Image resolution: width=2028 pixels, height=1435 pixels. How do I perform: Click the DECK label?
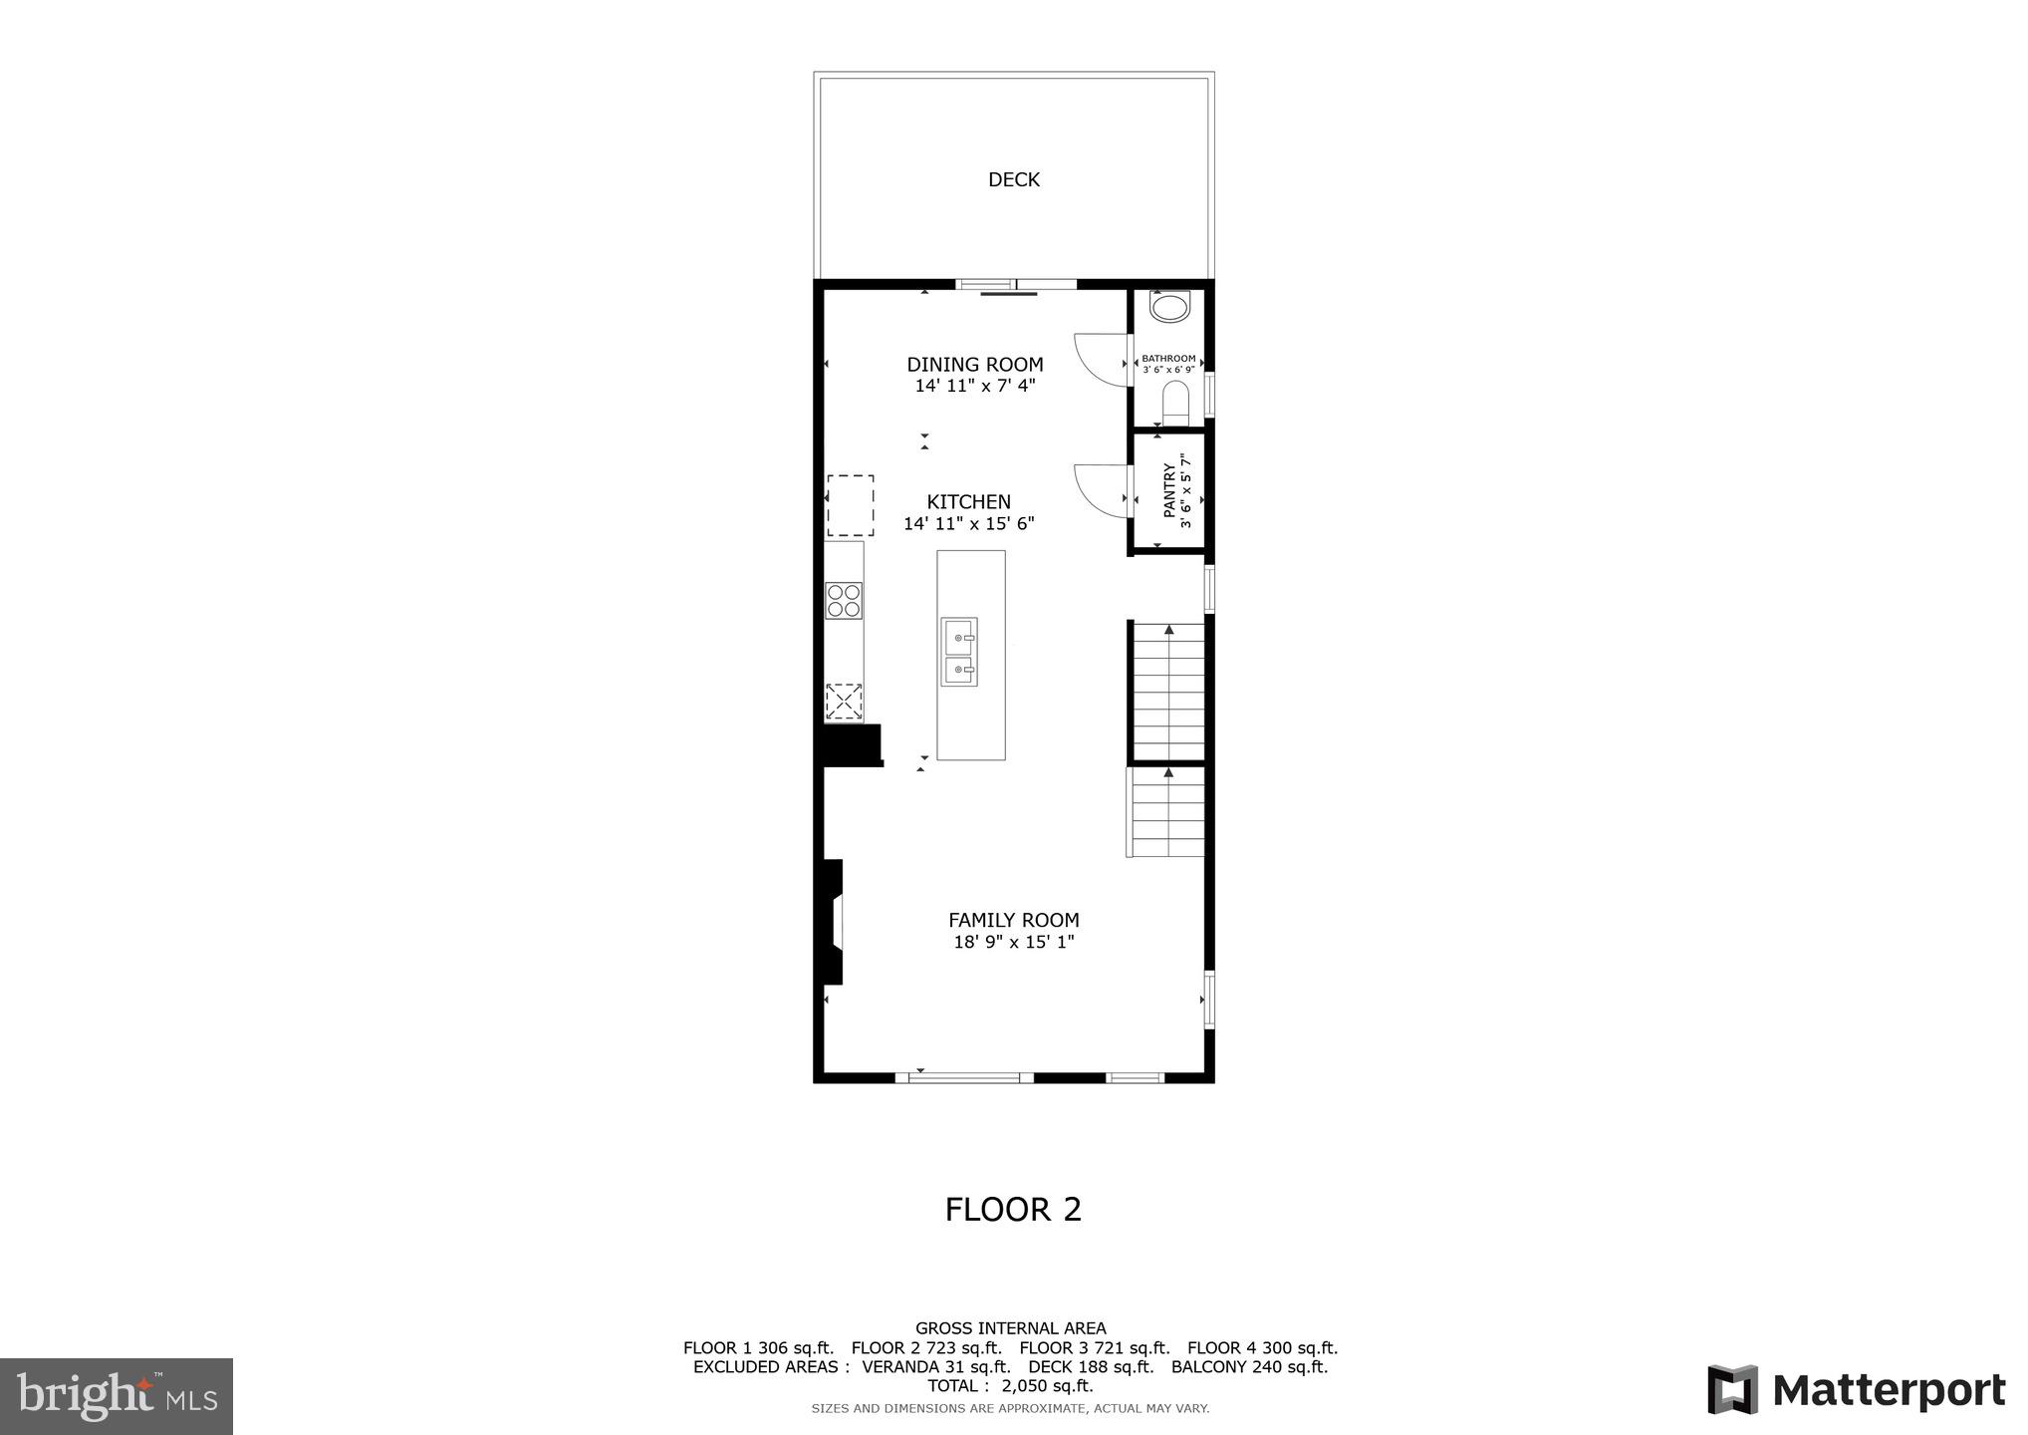tap(1013, 180)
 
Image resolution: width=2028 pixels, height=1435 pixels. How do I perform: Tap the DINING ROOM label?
tap(974, 365)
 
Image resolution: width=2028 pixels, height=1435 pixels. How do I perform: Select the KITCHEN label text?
tap(968, 502)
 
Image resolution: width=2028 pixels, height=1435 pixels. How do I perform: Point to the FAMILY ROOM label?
tap(1013, 921)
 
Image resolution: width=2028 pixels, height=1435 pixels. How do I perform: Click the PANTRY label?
tap(1169, 490)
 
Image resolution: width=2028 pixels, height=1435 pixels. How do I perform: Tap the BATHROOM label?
tap(1168, 359)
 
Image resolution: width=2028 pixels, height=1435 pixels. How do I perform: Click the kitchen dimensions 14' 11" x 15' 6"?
tap(968, 524)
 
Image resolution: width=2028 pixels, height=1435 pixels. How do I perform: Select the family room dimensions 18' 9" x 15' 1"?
tap(1013, 943)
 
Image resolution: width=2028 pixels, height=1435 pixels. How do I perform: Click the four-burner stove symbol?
tap(844, 601)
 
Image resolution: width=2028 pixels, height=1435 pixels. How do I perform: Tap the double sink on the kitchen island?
tap(959, 652)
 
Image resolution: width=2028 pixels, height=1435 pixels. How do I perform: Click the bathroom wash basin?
tap(1168, 306)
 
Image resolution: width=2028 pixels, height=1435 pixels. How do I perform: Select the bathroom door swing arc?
tap(1100, 359)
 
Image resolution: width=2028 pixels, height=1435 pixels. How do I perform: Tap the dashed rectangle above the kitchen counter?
tap(850, 506)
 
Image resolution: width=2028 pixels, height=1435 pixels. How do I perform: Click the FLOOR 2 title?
tap(1013, 1210)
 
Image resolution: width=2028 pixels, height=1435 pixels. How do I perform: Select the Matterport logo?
tap(1856, 1390)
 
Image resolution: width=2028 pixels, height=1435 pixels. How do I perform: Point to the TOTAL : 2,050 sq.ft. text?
tap(1010, 1386)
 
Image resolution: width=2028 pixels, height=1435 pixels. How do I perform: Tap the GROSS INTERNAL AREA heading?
tap(1010, 1328)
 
